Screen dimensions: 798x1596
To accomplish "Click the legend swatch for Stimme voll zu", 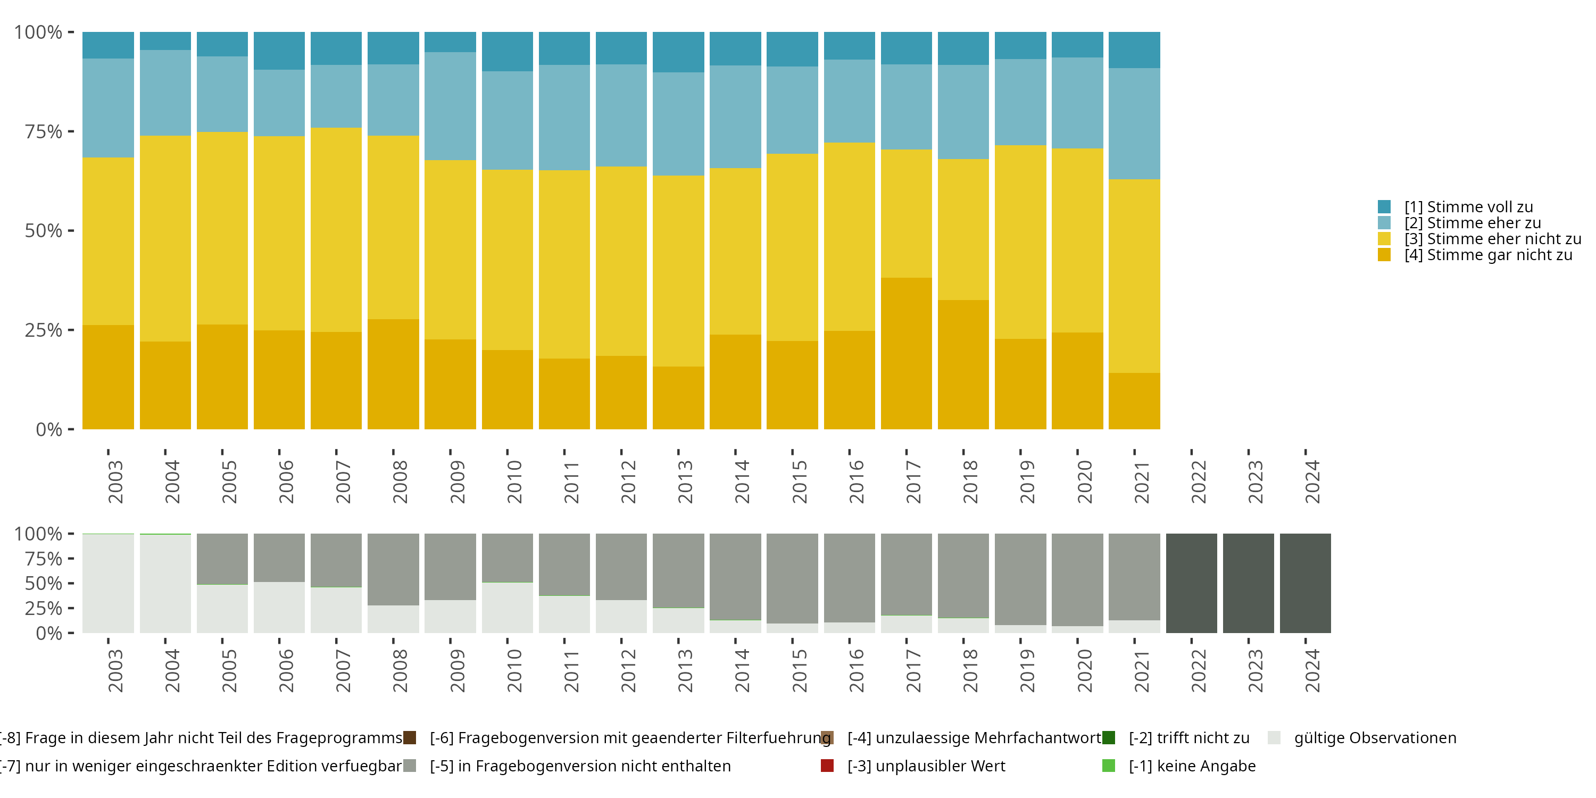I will (x=1384, y=207).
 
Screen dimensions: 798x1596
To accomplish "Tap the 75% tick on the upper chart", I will (x=44, y=131).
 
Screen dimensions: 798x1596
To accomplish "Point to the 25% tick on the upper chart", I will (x=44, y=330).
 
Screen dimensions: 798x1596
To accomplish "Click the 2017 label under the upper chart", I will (x=913, y=482).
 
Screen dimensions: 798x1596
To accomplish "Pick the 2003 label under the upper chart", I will (x=115, y=482).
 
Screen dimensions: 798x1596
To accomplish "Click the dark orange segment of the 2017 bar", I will (x=906, y=353).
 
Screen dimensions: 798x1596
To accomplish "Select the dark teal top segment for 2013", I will (x=678, y=52).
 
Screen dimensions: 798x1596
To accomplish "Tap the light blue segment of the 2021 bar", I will (x=1134, y=124).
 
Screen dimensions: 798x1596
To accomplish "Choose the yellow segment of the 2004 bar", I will (x=165, y=238).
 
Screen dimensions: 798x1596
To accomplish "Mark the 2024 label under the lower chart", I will (x=1312, y=671).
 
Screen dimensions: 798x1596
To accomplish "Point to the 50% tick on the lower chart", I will (x=44, y=584).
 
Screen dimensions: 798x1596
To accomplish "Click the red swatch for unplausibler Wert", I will (x=827, y=766).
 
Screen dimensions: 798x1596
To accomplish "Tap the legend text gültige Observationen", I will (x=1375, y=738).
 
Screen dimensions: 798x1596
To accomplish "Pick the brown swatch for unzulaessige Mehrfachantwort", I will (x=827, y=738).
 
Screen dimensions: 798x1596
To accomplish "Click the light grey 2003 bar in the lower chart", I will (x=108, y=583).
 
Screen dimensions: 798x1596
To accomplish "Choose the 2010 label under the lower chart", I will (x=514, y=671).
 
